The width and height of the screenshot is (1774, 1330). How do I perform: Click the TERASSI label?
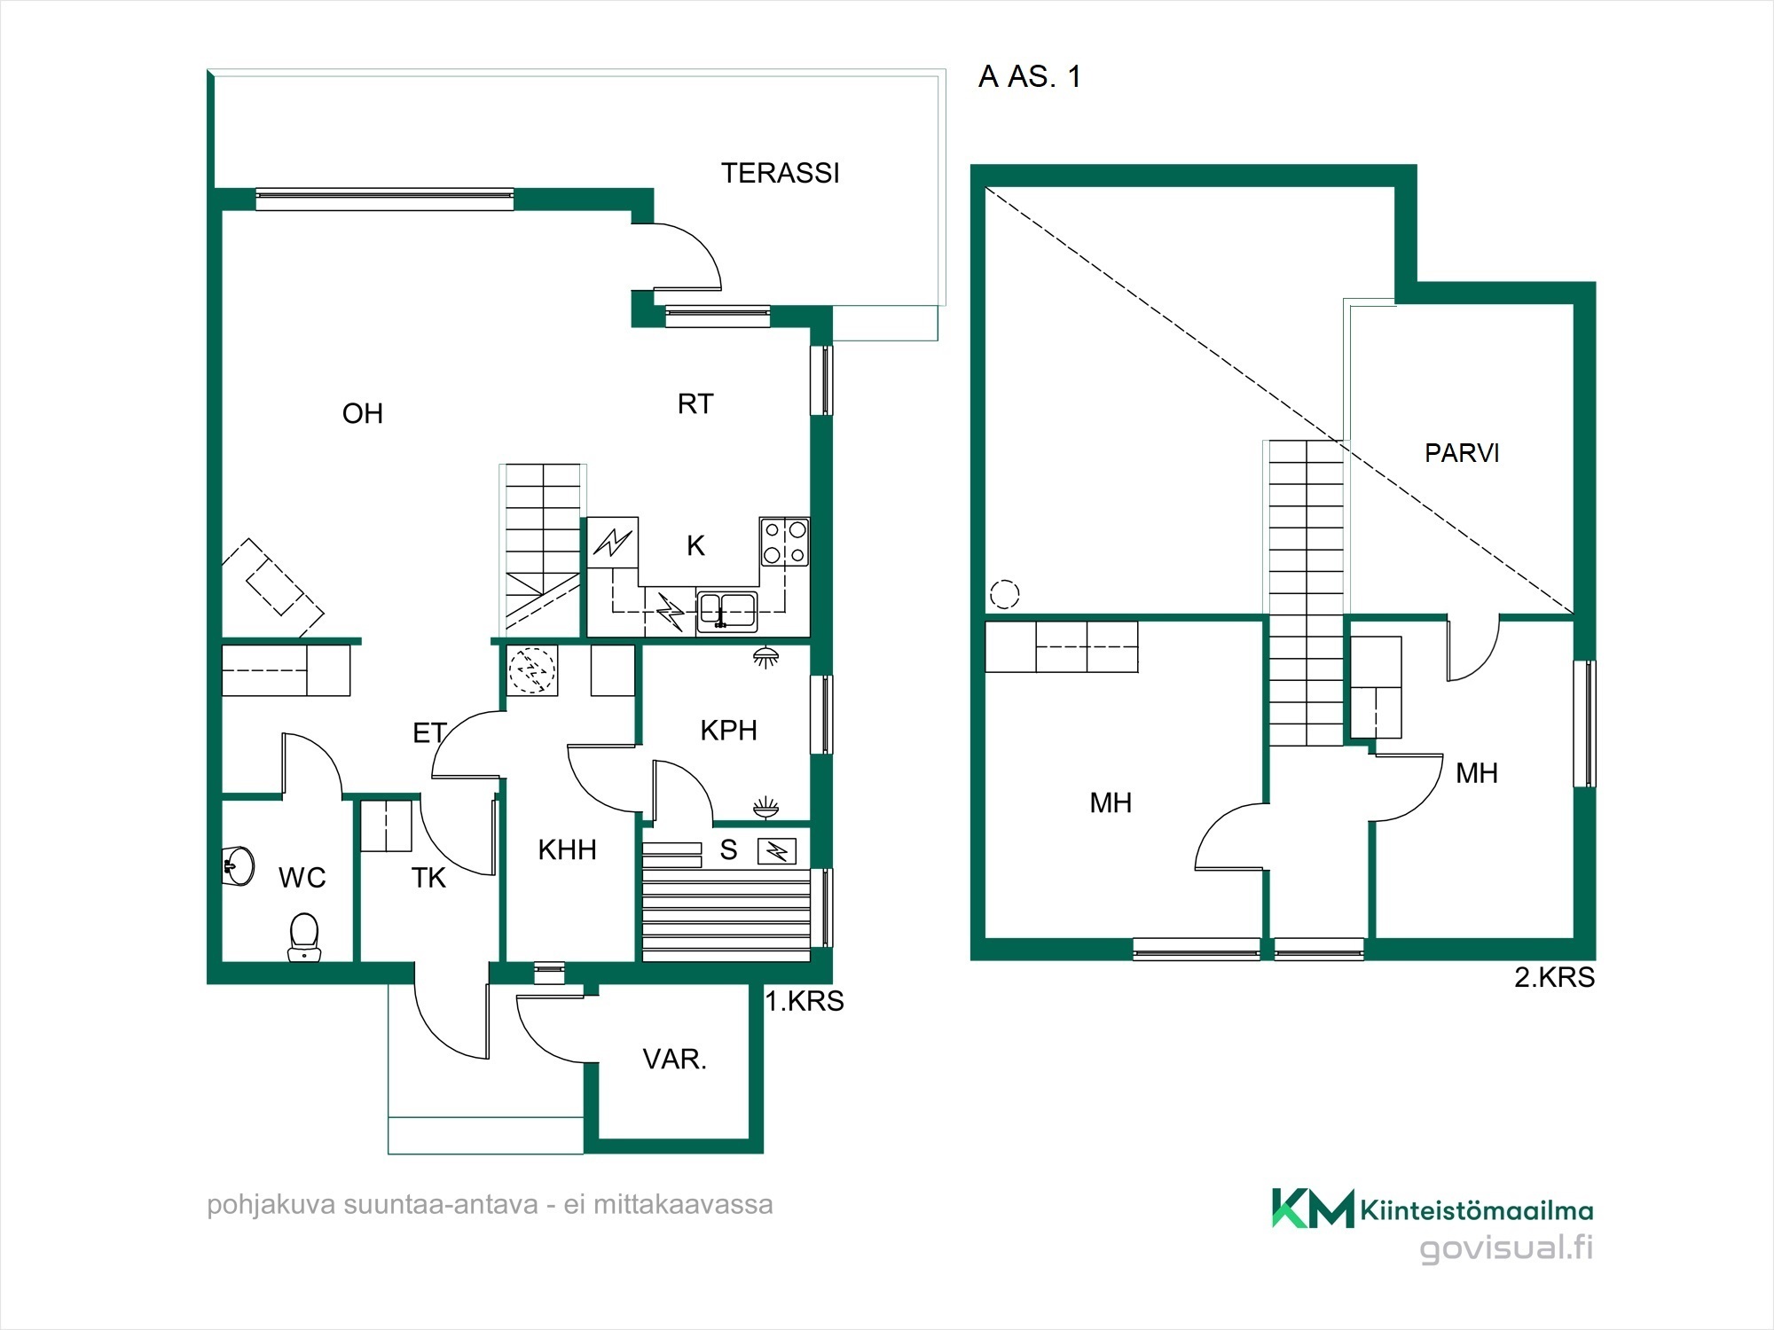780,173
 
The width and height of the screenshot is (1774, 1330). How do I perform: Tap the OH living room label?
363,413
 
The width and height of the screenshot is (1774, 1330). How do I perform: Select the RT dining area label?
695,404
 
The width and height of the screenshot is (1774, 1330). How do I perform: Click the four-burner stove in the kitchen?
784,542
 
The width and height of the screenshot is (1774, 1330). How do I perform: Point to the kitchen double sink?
726,611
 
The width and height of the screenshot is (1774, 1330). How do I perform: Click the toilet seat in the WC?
304,937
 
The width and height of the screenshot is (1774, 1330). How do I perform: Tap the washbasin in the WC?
238,865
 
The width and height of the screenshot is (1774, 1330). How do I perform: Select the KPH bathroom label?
728,731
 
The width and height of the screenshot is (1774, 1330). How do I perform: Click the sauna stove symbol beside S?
776,851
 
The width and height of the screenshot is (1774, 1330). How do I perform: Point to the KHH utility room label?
567,850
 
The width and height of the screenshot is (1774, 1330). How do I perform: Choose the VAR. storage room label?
674,1060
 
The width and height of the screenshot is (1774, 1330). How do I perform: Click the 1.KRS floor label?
805,1001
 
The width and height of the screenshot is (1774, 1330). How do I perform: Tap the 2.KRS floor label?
1554,977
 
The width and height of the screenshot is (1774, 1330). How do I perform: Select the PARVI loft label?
1462,453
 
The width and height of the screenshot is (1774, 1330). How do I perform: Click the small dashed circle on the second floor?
1004,594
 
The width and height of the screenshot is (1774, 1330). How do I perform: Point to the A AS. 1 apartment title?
1030,77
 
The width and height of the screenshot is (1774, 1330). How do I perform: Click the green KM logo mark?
1313,1208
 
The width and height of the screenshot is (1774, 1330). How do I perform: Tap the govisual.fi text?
1506,1248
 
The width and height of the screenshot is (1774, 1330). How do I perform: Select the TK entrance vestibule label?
428,878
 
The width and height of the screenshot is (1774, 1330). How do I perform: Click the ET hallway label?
429,733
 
